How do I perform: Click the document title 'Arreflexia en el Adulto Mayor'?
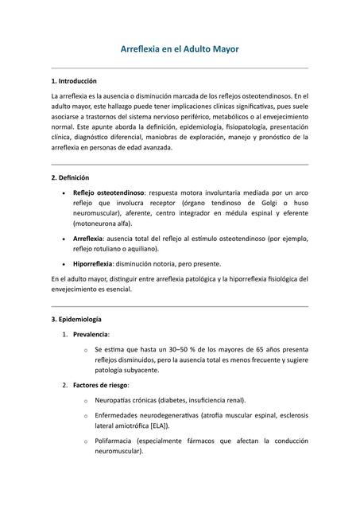click(x=179, y=49)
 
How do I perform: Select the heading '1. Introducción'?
click(x=73, y=81)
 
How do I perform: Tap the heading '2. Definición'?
click(x=70, y=177)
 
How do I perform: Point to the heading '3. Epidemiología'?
click(x=77, y=319)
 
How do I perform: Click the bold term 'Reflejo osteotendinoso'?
click(x=108, y=192)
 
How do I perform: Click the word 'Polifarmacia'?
click(x=116, y=441)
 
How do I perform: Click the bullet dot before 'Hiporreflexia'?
click(x=63, y=264)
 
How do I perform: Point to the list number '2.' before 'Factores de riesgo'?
click(x=65, y=385)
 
